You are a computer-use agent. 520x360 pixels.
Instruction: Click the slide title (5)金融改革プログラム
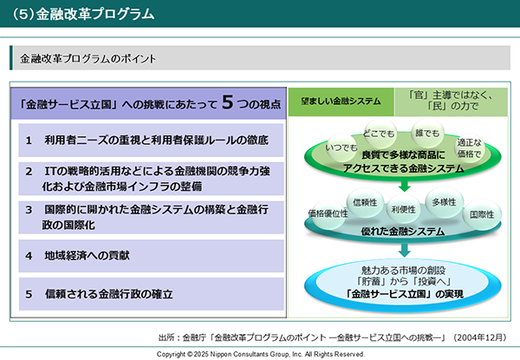point(83,14)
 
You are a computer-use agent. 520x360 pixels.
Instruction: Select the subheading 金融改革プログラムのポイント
point(88,59)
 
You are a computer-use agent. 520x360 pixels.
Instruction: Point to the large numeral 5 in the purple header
point(227,101)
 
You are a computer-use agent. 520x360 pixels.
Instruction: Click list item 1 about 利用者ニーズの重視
point(151,140)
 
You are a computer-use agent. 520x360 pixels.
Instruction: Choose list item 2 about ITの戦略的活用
point(151,179)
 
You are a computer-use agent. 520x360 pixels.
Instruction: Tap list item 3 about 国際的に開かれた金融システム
point(151,218)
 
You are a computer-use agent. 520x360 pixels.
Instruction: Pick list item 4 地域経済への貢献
point(151,256)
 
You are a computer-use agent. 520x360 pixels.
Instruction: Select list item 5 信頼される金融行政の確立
point(151,294)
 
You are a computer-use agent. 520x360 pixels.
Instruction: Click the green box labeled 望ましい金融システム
point(341,101)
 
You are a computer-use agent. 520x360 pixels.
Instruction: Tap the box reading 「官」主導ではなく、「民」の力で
point(451,101)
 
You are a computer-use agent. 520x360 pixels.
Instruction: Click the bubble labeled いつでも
point(341,147)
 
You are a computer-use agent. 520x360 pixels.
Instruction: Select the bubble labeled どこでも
point(379,134)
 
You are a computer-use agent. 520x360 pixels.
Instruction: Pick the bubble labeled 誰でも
point(427,134)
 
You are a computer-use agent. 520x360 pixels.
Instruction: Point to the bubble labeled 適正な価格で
point(469,148)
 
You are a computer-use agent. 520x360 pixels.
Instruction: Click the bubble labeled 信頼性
point(365,202)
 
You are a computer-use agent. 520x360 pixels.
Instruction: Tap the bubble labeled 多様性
point(444,202)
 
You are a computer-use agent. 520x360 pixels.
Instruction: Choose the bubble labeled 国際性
point(482,214)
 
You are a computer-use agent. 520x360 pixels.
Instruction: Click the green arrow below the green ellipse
point(404,187)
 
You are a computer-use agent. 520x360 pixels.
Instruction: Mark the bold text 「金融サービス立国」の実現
point(404,294)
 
